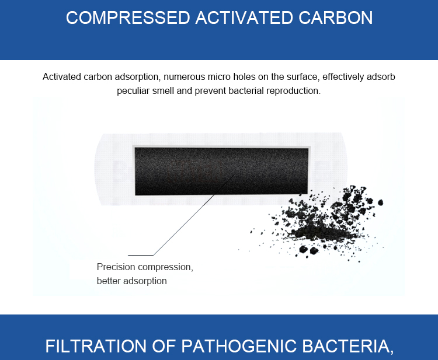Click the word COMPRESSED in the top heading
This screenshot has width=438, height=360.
click(128, 18)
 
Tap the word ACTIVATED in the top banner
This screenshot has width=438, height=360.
click(244, 18)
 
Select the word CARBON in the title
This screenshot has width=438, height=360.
click(335, 18)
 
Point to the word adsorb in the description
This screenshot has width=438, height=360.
click(381, 77)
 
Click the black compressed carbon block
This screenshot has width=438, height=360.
click(221, 171)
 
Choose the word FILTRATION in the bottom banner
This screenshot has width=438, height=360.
click(96, 346)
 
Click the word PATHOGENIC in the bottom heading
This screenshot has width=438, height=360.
click(239, 346)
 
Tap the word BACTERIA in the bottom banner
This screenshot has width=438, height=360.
click(348, 347)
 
